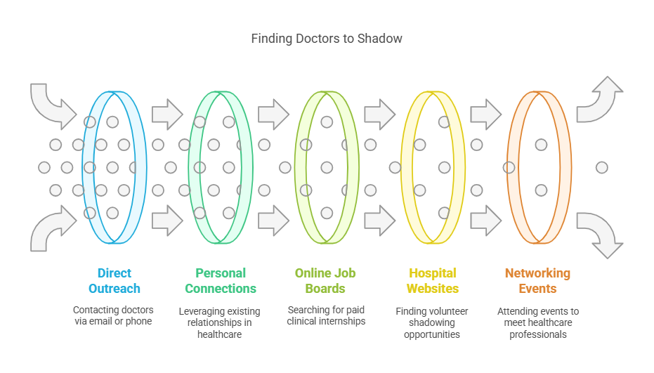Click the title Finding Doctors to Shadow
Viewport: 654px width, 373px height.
(327, 39)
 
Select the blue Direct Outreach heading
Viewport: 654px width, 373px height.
(115, 281)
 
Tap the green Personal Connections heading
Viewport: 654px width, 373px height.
(221, 281)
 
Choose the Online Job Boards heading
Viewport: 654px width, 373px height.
(325, 281)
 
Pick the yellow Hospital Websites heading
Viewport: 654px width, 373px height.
(433, 281)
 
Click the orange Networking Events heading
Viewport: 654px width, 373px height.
(537, 281)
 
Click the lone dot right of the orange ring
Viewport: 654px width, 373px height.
(601, 167)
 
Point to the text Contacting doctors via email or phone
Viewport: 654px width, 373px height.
(113, 315)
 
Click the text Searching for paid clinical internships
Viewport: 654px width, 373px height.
(326, 315)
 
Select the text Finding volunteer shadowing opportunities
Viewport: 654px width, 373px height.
(431, 322)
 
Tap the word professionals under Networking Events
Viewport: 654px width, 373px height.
(538, 334)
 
